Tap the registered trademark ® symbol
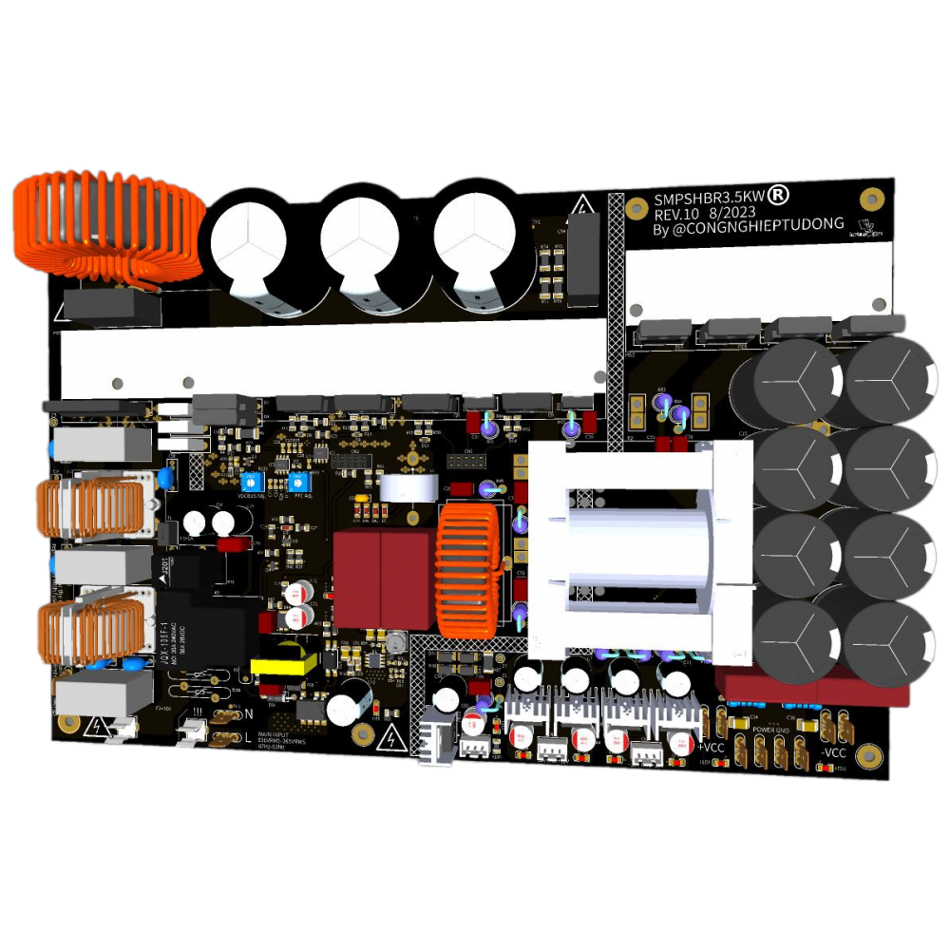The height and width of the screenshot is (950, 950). (x=777, y=195)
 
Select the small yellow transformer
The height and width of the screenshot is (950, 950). (x=282, y=662)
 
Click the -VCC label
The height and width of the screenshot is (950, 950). (x=833, y=753)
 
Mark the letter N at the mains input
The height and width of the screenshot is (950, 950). (x=248, y=713)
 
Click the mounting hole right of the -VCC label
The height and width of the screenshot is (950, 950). (x=865, y=757)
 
